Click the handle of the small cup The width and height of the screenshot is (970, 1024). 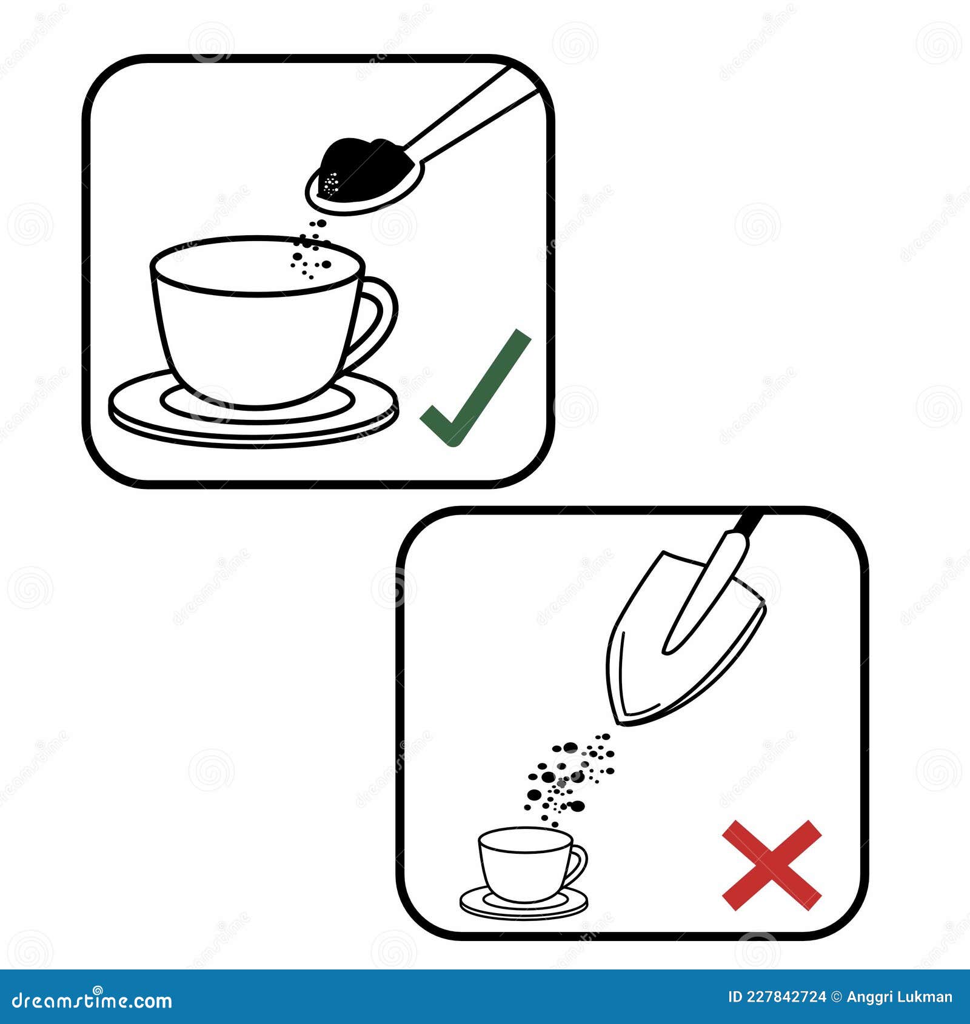click(578, 863)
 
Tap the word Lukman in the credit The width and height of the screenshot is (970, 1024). click(928, 997)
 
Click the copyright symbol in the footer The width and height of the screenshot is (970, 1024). click(836, 997)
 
